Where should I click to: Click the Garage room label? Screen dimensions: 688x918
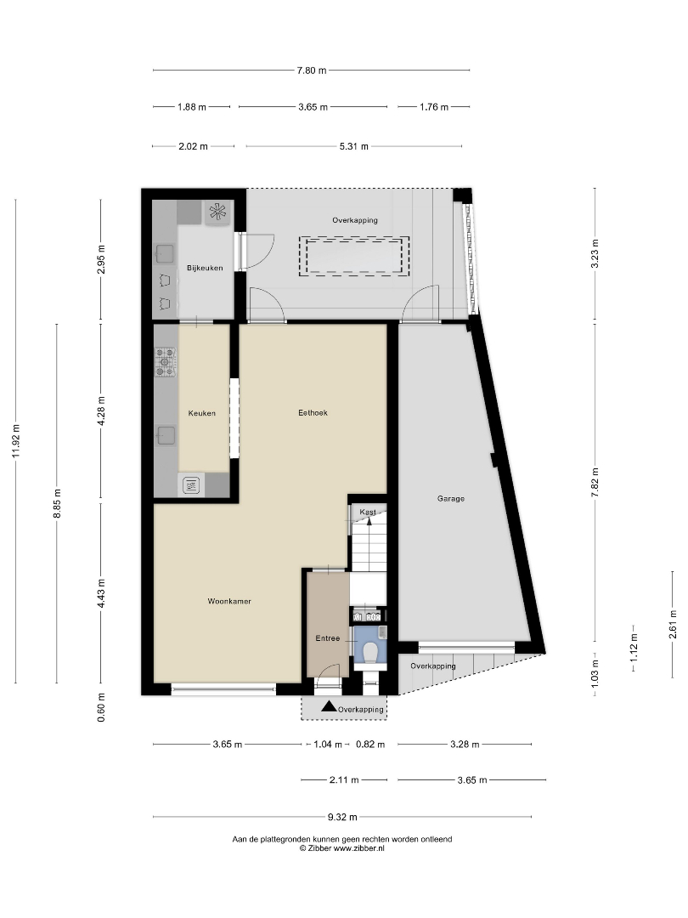450,499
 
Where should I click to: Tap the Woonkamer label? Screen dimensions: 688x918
229,601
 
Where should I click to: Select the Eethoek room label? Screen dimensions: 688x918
313,413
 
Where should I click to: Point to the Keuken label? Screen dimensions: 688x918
202,413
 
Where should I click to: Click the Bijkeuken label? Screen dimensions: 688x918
205,268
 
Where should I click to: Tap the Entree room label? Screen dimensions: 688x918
328,638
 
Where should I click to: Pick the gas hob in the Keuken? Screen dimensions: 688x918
166,362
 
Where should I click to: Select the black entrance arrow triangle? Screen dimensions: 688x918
329,706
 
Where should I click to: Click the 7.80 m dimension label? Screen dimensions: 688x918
312,71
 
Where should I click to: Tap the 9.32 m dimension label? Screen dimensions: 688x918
342,817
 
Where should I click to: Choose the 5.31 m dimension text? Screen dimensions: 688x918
354,146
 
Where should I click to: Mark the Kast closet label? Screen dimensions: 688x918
368,513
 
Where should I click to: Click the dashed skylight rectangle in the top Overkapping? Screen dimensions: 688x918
354,257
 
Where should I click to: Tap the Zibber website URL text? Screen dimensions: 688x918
358,847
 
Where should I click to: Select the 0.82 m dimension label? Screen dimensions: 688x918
370,745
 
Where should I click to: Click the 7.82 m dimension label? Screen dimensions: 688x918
595,483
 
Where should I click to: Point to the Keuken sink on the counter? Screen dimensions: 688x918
166,435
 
